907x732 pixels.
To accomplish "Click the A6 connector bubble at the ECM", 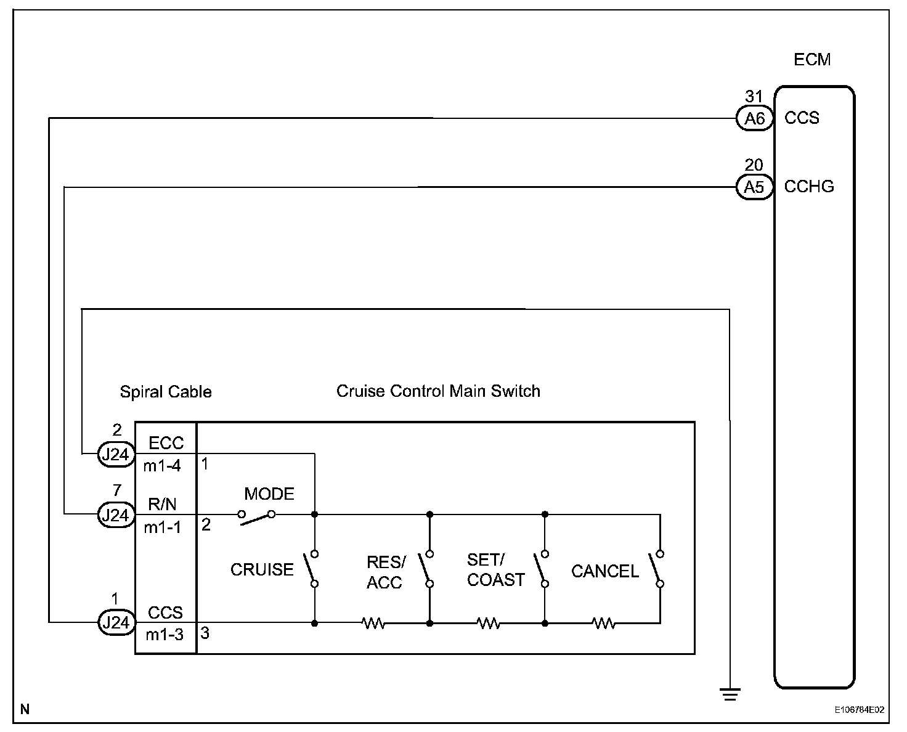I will (754, 118).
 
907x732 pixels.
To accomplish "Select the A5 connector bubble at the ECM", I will (754, 186).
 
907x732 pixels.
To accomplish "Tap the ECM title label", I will (812, 60).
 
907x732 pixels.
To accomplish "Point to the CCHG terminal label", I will (809, 186).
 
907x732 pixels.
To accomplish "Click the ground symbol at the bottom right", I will (730, 694).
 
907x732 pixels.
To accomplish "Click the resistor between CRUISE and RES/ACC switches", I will (373, 624).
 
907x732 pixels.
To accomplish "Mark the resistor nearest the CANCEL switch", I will (604, 624).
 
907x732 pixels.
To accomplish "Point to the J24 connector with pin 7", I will (116, 514).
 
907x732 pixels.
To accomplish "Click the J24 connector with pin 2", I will (116, 454).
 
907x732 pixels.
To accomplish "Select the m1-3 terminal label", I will (165, 634).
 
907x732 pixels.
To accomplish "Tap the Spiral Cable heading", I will (166, 392).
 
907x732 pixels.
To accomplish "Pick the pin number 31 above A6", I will (754, 97).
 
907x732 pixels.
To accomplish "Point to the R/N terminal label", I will (162, 505).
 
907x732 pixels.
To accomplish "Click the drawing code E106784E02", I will (860, 710).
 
